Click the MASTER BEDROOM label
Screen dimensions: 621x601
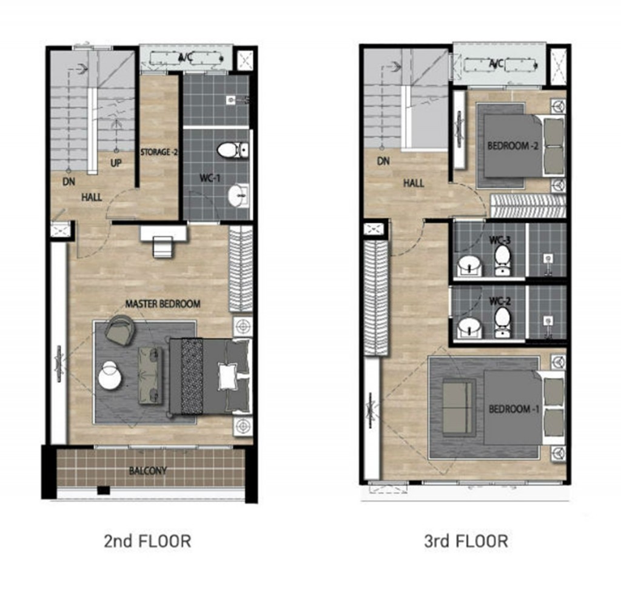click(163, 304)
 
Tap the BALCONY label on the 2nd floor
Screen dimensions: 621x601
click(148, 471)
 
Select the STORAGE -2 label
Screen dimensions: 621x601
click(159, 152)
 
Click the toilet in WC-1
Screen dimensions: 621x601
click(232, 150)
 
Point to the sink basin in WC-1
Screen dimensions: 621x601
click(238, 195)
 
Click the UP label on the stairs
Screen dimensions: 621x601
click(116, 163)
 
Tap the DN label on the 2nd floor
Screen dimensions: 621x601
click(69, 182)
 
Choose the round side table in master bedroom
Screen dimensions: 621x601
click(109, 374)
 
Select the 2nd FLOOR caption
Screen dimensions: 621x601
click(147, 541)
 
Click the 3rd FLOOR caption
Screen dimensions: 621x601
click(466, 541)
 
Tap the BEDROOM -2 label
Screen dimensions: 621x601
click(513, 146)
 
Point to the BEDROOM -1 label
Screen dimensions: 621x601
click(514, 409)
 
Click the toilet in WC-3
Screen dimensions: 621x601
click(503, 260)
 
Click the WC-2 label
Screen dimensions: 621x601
click(500, 301)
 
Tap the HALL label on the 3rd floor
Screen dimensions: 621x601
click(414, 183)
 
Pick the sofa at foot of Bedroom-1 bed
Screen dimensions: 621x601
click(458, 408)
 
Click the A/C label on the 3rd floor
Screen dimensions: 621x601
click(496, 64)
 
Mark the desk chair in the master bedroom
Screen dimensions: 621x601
click(163, 247)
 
